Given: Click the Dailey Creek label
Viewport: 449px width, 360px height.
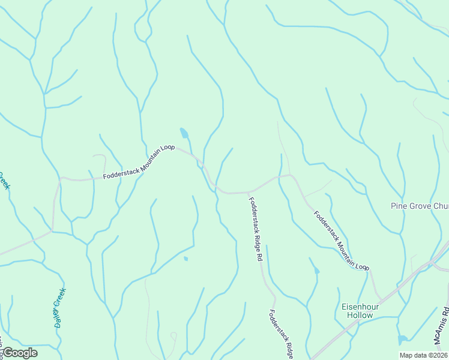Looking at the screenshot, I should point(58,307).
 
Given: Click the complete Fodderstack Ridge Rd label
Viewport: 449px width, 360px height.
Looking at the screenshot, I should point(256,229).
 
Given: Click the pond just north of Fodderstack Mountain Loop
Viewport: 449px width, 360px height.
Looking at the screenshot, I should point(184,133).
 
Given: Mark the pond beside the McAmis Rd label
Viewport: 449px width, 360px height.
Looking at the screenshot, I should point(403,340).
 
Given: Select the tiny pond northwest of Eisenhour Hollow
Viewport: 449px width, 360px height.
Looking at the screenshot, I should point(316,271).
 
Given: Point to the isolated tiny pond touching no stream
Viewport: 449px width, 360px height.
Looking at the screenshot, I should point(185,259).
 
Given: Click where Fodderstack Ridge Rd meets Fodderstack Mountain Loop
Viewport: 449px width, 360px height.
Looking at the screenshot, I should point(247,193).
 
